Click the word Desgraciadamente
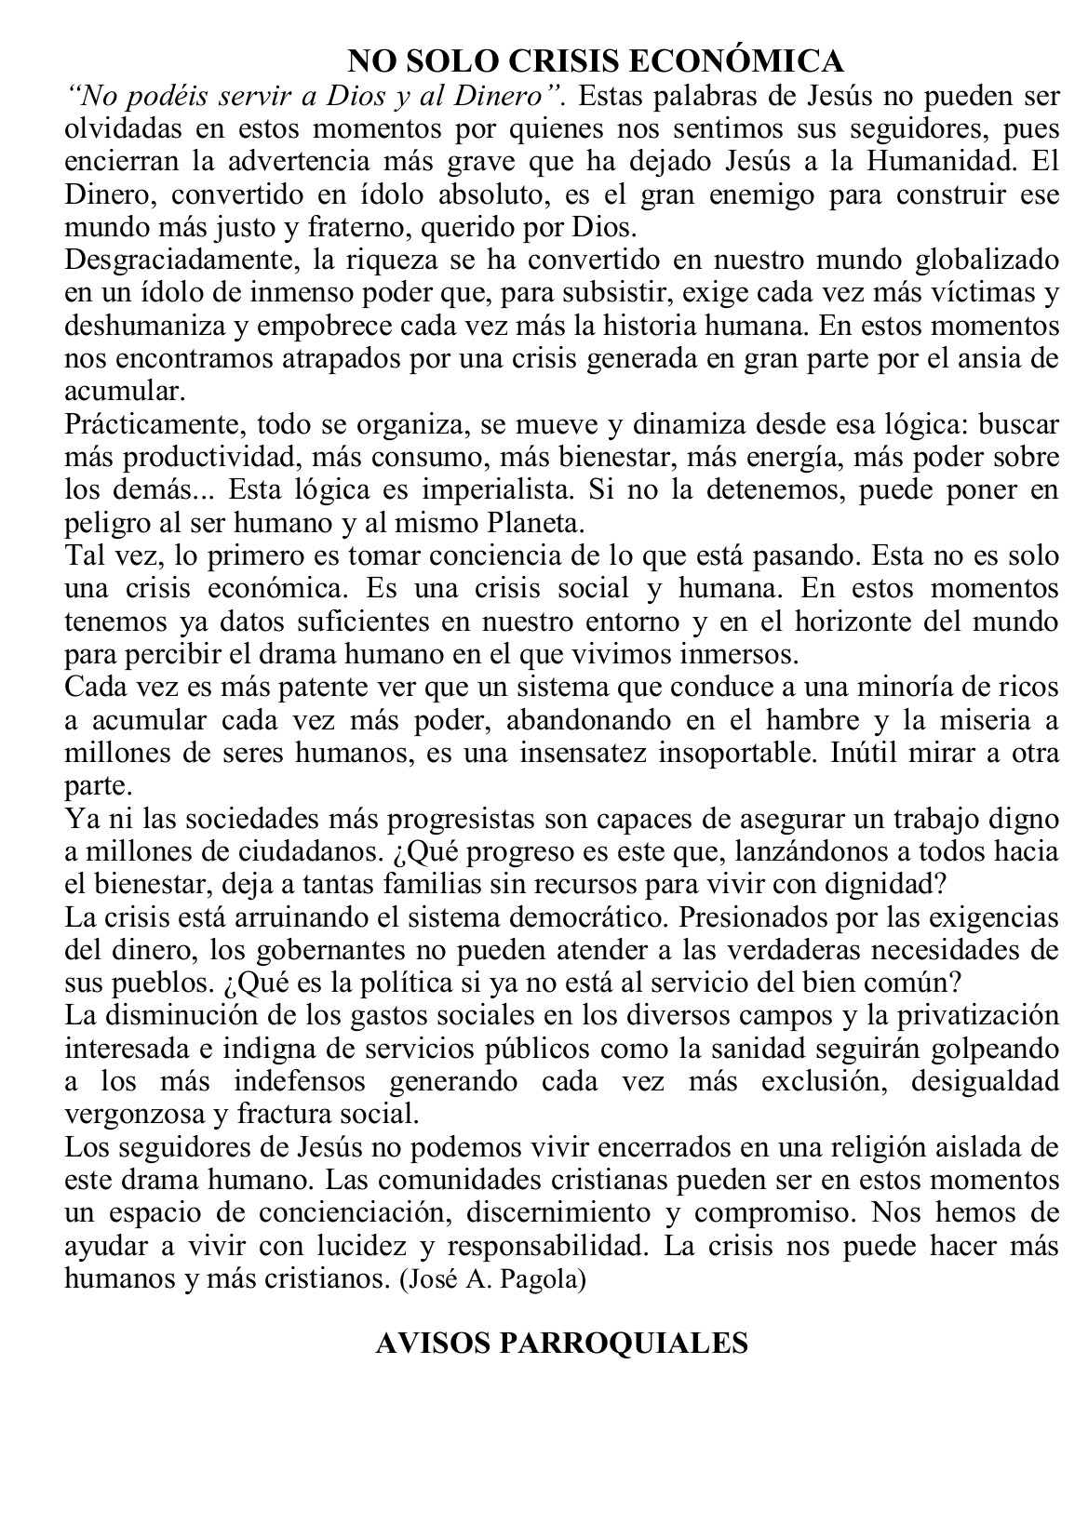154,260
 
